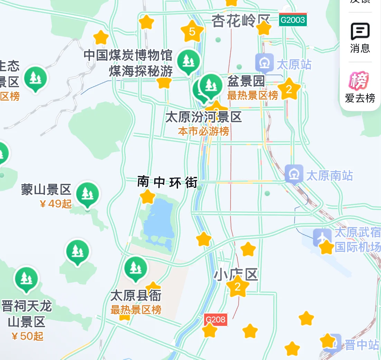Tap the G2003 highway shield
(x=293, y=20)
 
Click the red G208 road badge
(x=215, y=320)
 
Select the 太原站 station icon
(x=264, y=64)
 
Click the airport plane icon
(x=322, y=237)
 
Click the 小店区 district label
(x=236, y=275)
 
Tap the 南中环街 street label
(x=167, y=182)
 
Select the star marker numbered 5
(x=192, y=31)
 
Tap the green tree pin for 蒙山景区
(x=87, y=194)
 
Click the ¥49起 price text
(x=56, y=204)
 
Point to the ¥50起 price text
(x=27, y=336)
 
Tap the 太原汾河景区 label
(x=203, y=117)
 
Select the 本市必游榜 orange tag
(x=203, y=131)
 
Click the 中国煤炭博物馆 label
(x=128, y=55)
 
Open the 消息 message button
(x=360, y=38)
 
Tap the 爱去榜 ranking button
(x=360, y=88)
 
